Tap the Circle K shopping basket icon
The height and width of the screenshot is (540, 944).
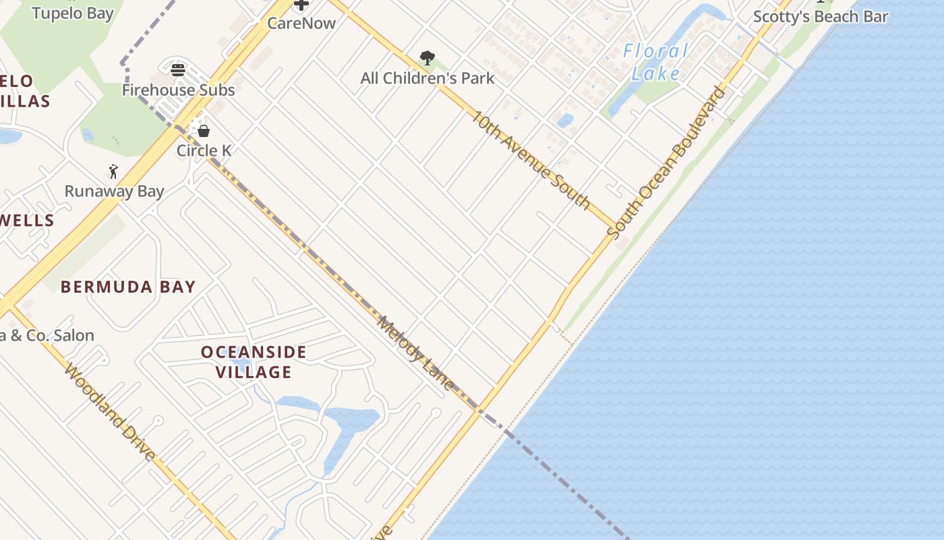(x=203, y=130)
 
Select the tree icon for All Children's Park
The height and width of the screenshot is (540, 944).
(x=427, y=58)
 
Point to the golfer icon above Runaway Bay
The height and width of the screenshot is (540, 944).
(x=113, y=171)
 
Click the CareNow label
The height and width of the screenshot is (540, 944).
(x=301, y=23)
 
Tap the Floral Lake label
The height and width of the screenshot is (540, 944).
(x=655, y=62)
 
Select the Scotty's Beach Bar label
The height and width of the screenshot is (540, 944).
(x=820, y=17)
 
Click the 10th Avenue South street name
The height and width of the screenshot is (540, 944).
(x=529, y=160)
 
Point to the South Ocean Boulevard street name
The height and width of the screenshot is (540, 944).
(x=667, y=162)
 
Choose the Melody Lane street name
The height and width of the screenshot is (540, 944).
(x=415, y=352)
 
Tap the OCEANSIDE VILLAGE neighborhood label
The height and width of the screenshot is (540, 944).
(x=254, y=362)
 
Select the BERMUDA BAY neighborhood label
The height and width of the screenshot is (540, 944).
(x=128, y=287)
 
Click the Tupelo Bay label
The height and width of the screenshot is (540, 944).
(x=73, y=13)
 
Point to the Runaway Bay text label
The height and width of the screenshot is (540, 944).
(x=114, y=191)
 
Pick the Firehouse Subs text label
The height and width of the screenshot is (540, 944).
(x=178, y=90)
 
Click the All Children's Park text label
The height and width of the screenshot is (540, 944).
(x=427, y=78)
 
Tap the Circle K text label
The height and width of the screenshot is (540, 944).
(x=204, y=150)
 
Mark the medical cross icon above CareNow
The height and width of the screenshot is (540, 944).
(x=301, y=5)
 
